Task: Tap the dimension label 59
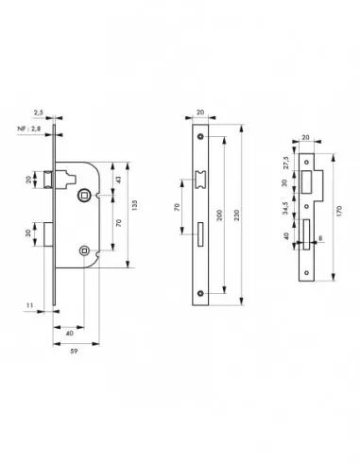(x=77, y=356)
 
